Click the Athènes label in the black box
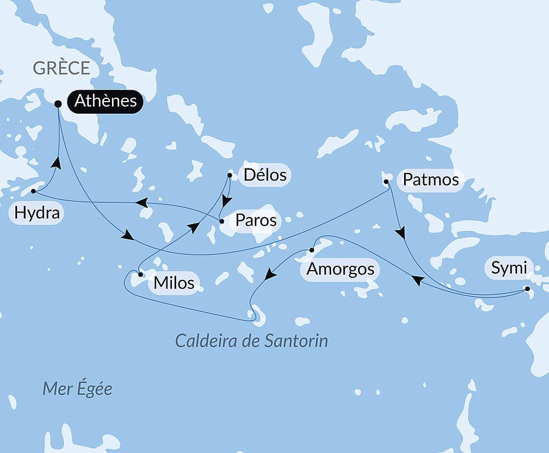[x=105, y=102]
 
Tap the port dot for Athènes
[x=58, y=104]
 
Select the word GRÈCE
[x=61, y=68]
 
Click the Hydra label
[x=37, y=213]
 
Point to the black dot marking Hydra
[x=33, y=192]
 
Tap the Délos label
[x=265, y=175]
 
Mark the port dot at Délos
[x=229, y=176]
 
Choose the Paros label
[x=255, y=221]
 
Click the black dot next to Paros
[x=221, y=222]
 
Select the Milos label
[x=174, y=283]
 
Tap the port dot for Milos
[x=141, y=274]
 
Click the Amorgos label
[x=340, y=269]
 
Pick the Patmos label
[x=430, y=180]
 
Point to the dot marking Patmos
[x=386, y=181]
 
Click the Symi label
[x=508, y=269]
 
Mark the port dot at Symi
[x=527, y=289]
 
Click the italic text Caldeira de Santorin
[x=251, y=341]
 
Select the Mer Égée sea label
[x=77, y=389]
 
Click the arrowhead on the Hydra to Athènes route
[x=56, y=163]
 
